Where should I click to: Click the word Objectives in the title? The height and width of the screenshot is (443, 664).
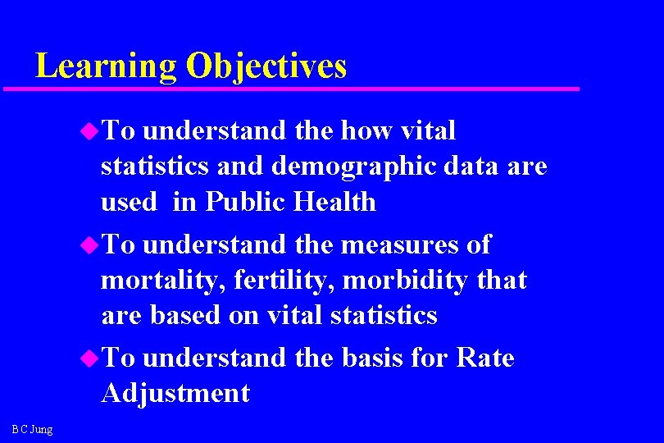pos(266,66)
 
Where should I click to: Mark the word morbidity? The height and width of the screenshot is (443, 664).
pos(402,281)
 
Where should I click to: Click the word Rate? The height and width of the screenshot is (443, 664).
pos(484,359)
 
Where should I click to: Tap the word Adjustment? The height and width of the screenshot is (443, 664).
pos(175,394)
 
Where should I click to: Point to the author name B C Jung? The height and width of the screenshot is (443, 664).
pos(33,429)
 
